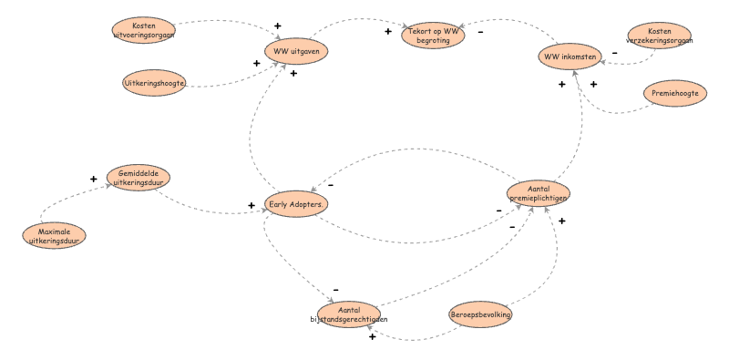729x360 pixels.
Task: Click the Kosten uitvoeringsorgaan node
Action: click(x=143, y=30)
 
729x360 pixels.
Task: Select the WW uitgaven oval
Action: click(x=295, y=51)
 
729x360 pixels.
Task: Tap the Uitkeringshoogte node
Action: click(x=155, y=83)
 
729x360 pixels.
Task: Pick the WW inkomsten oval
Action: click(x=570, y=57)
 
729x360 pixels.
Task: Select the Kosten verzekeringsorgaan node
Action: click(x=658, y=36)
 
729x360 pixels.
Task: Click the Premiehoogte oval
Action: click(x=674, y=93)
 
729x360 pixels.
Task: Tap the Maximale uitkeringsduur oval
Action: click(x=55, y=235)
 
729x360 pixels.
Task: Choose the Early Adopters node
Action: click(x=296, y=205)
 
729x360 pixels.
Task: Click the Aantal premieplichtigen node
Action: click(x=539, y=193)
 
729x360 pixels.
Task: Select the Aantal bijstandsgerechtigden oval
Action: click(x=349, y=314)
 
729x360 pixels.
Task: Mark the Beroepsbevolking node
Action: click(x=480, y=314)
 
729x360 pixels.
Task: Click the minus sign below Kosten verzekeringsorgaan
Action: click(x=614, y=53)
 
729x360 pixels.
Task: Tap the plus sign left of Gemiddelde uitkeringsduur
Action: click(x=93, y=180)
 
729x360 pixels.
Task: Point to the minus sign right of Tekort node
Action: click(x=480, y=32)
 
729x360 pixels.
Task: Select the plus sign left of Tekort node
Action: click(x=387, y=32)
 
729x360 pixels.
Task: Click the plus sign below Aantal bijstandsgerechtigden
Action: click(x=372, y=337)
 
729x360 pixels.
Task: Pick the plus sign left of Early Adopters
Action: click(x=252, y=206)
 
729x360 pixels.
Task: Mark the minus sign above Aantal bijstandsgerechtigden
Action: click(x=335, y=290)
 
